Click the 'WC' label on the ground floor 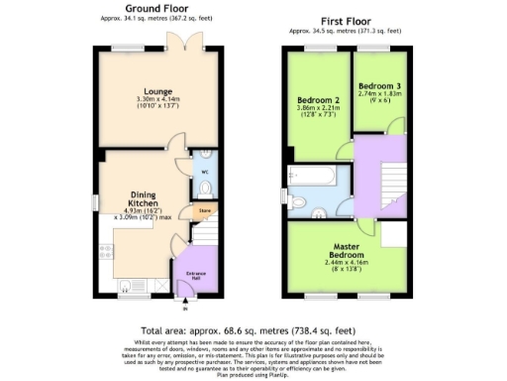(205, 172)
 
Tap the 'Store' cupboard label (206, 210)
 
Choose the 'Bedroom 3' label (380, 85)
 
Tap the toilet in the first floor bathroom (319, 212)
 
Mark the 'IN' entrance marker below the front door (183, 310)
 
